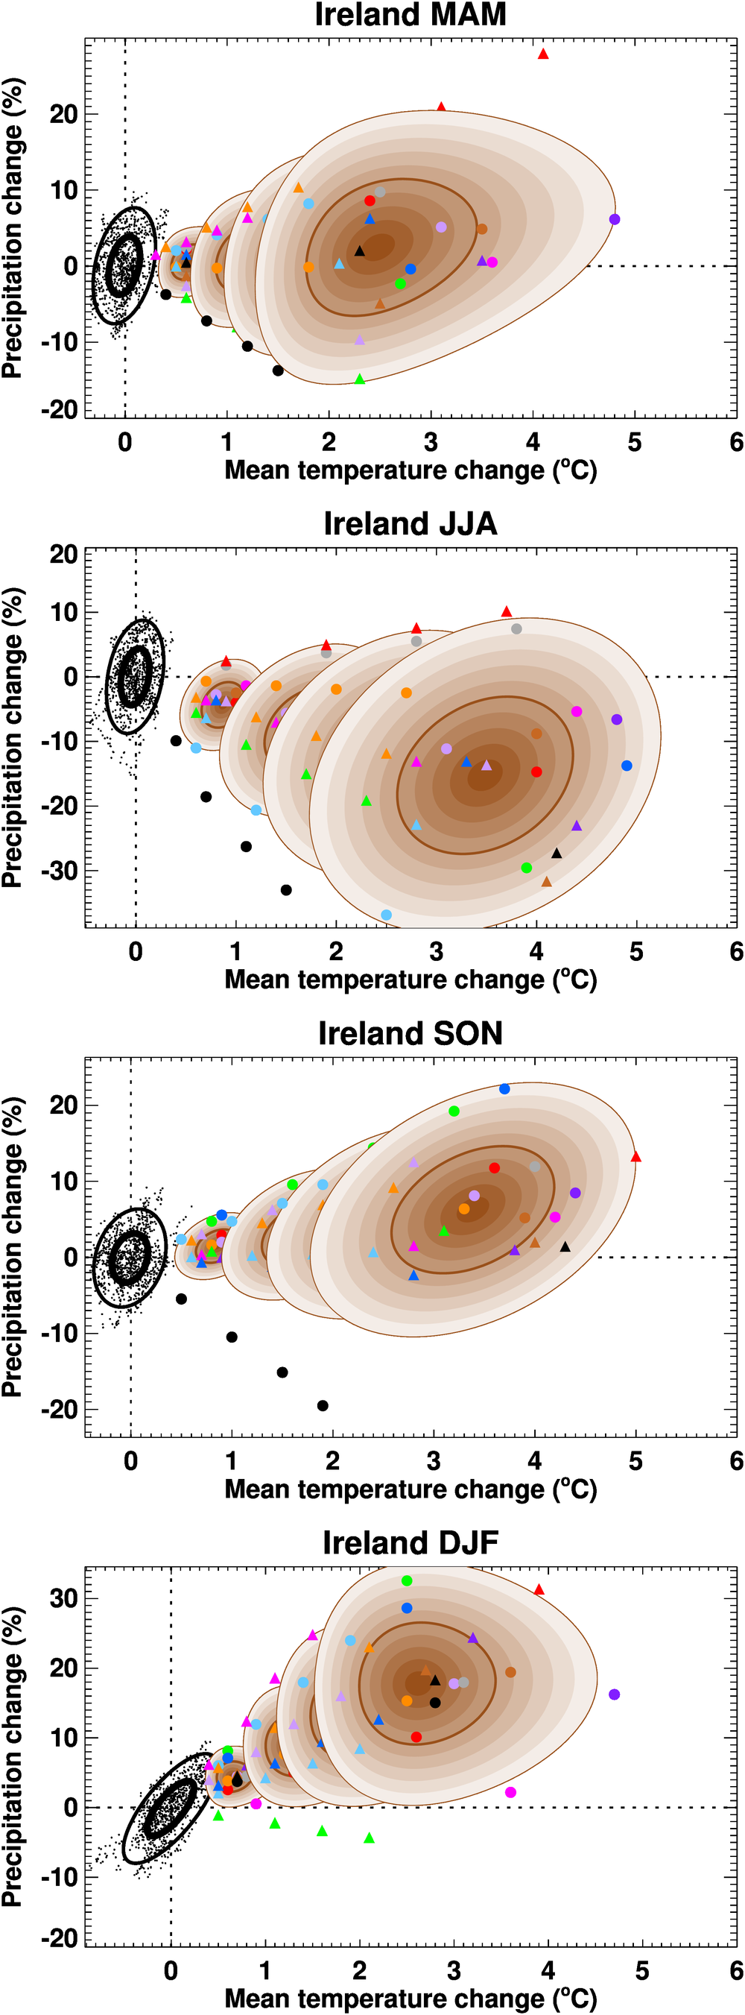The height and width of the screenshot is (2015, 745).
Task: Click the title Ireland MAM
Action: tap(410, 14)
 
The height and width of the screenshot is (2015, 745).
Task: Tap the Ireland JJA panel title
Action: tap(410, 523)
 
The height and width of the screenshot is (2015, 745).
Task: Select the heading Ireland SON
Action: tap(410, 1032)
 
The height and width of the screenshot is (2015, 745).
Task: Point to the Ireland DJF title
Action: tap(410, 1542)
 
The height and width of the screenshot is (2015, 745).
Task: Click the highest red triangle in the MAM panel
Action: tap(543, 54)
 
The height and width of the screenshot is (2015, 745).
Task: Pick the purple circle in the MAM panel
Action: tap(615, 219)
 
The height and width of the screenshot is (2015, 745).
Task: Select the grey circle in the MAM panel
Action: tap(380, 192)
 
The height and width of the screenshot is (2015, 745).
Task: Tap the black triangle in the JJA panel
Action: tap(557, 853)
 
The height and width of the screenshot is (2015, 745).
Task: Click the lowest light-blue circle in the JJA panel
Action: tap(386, 915)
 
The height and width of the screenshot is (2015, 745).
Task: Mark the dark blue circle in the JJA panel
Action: tap(627, 765)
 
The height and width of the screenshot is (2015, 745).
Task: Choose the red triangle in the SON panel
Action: tap(635, 1156)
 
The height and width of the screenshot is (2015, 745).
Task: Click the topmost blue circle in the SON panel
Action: tap(504, 1088)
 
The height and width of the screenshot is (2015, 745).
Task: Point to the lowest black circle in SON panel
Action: tap(323, 1406)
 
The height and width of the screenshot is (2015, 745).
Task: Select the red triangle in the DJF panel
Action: tap(539, 1589)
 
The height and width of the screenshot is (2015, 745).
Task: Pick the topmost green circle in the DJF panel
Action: tap(407, 1580)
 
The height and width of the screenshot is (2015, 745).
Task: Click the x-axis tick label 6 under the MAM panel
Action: tap(736, 443)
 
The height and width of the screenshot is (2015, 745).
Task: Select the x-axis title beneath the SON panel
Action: tap(410, 1489)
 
